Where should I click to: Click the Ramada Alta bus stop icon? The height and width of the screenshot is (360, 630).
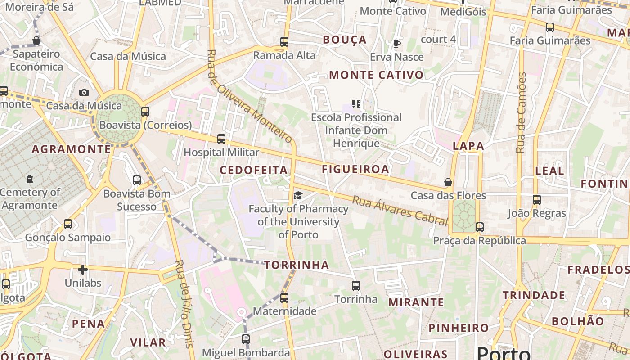284,42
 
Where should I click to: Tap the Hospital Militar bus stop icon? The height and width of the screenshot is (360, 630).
221,139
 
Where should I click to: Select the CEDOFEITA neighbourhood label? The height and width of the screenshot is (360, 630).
253,170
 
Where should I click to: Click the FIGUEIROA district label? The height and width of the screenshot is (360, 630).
355,169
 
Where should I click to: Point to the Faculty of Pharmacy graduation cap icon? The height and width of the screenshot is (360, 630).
297,195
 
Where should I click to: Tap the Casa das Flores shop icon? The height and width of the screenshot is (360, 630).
448,182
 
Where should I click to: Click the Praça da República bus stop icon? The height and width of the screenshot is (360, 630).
480,227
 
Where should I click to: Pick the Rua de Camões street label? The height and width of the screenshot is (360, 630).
521,112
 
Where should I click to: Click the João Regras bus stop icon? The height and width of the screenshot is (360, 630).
536,199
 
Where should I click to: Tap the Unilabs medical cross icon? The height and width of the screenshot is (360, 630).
83,270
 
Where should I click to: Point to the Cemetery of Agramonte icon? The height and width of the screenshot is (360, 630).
30,179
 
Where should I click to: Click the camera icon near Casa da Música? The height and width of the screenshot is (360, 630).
84,93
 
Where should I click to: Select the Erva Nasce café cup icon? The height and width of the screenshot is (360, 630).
396,44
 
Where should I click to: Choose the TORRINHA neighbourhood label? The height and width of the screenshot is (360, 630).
297,265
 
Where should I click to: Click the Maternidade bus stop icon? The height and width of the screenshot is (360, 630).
284,297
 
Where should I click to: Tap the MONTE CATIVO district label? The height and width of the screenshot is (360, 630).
376,75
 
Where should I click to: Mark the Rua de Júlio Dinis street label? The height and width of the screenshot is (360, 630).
184,304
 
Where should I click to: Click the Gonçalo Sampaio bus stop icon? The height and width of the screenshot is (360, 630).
68,224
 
